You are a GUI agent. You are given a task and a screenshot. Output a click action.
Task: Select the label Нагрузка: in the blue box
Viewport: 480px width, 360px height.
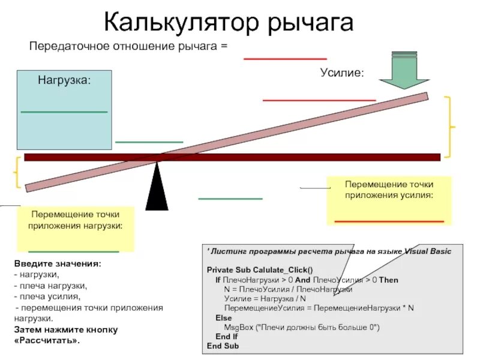pyautogui.click(x=65, y=79)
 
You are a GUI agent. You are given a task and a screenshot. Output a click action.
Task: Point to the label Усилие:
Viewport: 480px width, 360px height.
pyautogui.click(x=341, y=73)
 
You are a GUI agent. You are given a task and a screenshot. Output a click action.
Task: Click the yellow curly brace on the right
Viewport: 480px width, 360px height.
pyautogui.click(x=451, y=127)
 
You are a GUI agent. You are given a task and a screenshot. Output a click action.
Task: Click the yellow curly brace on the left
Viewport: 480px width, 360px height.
pyautogui.click(x=17, y=172)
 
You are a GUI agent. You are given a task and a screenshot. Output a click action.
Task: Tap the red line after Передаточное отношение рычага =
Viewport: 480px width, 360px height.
pyautogui.click(x=285, y=59)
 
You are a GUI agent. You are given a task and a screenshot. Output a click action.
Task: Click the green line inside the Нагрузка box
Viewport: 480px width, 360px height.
pyautogui.click(x=64, y=112)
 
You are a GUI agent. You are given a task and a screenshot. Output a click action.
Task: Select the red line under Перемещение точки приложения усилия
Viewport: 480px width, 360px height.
pyautogui.click(x=389, y=221)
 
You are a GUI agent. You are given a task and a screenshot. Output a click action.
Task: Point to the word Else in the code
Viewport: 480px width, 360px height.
pyautogui.click(x=223, y=317)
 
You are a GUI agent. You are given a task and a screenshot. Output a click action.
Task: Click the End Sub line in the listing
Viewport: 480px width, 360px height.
pyautogui.click(x=223, y=346)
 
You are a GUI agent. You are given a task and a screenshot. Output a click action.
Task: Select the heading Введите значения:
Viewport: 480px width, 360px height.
pyautogui.click(x=58, y=264)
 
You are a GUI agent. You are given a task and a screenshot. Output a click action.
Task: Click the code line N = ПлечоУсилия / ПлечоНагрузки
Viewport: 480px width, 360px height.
pyautogui.click(x=288, y=289)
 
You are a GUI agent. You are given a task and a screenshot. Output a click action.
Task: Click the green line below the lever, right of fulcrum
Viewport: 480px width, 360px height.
pyautogui.click(x=230, y=199)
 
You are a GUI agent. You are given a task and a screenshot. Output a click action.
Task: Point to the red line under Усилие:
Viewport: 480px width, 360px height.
pyautogui.click(x=319, y=100)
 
